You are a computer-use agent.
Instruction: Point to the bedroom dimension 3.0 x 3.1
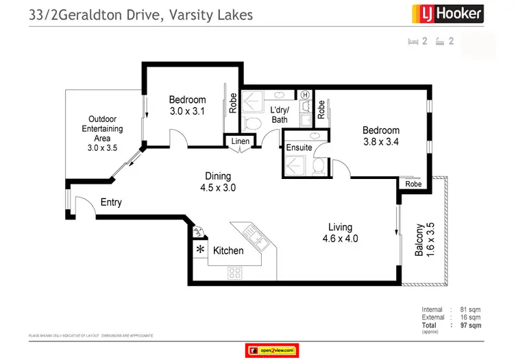(188, 110)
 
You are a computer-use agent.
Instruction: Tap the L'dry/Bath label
(280, 115)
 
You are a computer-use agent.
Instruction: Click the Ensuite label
(299, 147)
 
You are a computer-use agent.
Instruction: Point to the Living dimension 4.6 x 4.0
(340, 239)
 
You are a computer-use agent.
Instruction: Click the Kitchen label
(228, 250)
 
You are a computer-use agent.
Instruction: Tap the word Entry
(111, 202)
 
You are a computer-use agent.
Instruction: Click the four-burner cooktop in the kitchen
(234, 272)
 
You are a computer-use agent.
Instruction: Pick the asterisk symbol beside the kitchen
(201, 250)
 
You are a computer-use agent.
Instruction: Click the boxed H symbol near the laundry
(305, 95)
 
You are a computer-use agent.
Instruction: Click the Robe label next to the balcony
(413, 184)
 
